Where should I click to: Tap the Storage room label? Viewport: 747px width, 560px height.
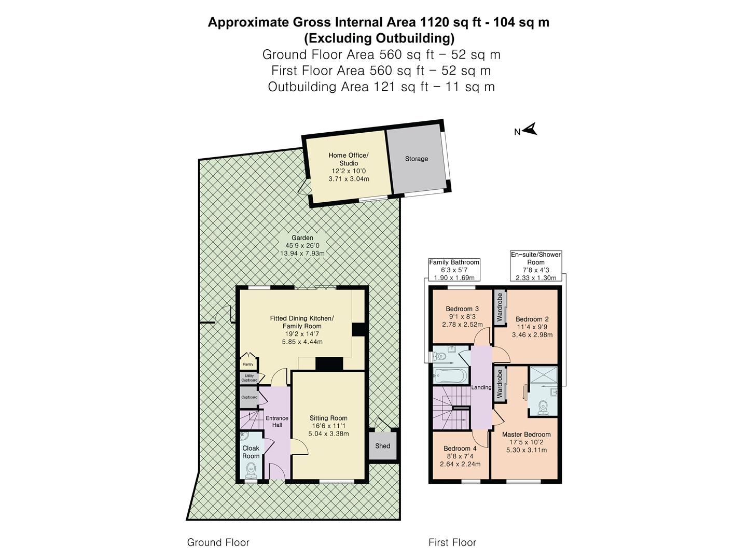tap(417, 159)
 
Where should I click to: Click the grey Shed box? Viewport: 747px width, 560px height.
tap(383, 445)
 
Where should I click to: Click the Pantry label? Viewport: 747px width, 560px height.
tap(248, 364)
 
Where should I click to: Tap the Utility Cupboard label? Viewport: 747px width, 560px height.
tap(249, 377)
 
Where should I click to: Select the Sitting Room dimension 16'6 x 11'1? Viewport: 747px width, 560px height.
tap(328, 426)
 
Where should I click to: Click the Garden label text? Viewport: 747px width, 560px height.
tap(302, 238)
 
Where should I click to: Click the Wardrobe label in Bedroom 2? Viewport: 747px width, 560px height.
tap(500, 307)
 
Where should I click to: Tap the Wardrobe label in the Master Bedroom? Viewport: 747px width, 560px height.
tap(500, 384)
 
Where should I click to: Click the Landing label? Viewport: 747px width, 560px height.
tap(481, 387)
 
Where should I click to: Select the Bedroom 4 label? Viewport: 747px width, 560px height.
tap(460, 449)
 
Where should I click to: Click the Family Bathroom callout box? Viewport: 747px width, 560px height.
tap(454, 270)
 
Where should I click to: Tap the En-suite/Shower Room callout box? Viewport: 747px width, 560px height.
tap(536, 266)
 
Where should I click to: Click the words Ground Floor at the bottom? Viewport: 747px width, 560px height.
tap(218, 542)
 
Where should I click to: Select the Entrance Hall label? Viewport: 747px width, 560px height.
tap(277, 422)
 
